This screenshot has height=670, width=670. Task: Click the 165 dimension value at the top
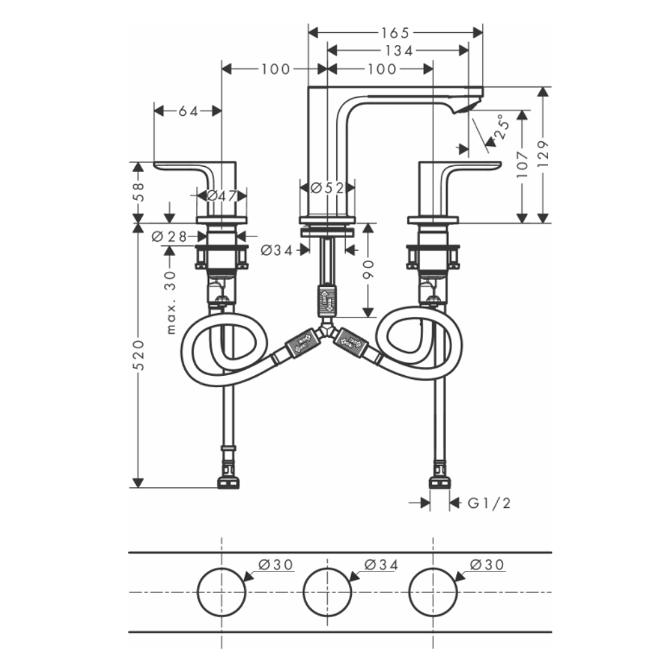(x=395, y=32)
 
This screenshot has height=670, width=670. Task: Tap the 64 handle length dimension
(x=188, y=111)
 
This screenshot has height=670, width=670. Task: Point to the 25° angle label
(x=501, y=126)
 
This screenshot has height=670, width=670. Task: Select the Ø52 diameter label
(x=328, y=188)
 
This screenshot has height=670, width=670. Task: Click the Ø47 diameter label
(x=222, y=196)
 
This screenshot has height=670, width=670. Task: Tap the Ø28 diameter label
(x=170, y=236)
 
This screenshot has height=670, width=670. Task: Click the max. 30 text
(x=170, y=301)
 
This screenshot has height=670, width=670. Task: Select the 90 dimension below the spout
(x=368, y=269)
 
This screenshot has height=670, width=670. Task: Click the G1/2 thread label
(x=489, y=503)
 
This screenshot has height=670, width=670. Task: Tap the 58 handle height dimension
(x=139, y=192)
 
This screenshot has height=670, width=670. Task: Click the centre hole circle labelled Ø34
(x=328, y=592)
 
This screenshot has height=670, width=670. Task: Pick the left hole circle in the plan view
(x=221, y=592)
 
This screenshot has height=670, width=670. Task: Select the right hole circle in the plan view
(x=433, y=592)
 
